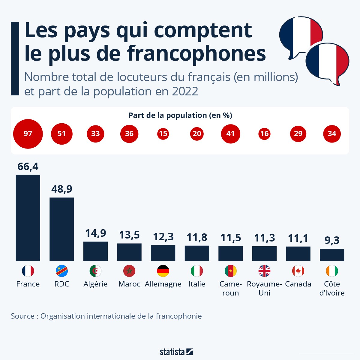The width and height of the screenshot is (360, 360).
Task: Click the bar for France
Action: point(28,218)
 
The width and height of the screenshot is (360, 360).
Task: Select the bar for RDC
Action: point(62,229)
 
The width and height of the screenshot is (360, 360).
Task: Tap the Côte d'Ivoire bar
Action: point(332,255)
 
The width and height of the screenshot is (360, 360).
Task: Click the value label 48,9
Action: point(62,189)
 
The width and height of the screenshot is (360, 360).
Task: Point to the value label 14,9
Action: point(95,233)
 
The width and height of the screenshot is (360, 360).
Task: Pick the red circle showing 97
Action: point(28,134)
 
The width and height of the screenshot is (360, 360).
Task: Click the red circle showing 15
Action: point(163,134)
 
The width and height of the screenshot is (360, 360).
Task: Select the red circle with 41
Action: point(230,134)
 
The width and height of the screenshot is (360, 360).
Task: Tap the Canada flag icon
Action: point(298,271)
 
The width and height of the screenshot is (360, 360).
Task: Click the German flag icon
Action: point(163,271)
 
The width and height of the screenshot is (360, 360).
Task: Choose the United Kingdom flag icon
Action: point(264,271)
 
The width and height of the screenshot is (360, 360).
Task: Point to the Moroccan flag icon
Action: point(129,271)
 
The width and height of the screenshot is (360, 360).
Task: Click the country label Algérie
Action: point(95,284)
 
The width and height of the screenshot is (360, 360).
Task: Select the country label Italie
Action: point(197,284)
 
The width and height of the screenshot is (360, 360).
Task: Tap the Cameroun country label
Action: point(230,288)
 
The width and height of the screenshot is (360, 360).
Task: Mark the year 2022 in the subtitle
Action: point(185,91)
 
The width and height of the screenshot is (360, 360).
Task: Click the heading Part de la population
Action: point(180,115)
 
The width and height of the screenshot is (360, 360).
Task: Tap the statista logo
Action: point(176,352)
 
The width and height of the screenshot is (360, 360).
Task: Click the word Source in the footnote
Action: point(22,316)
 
